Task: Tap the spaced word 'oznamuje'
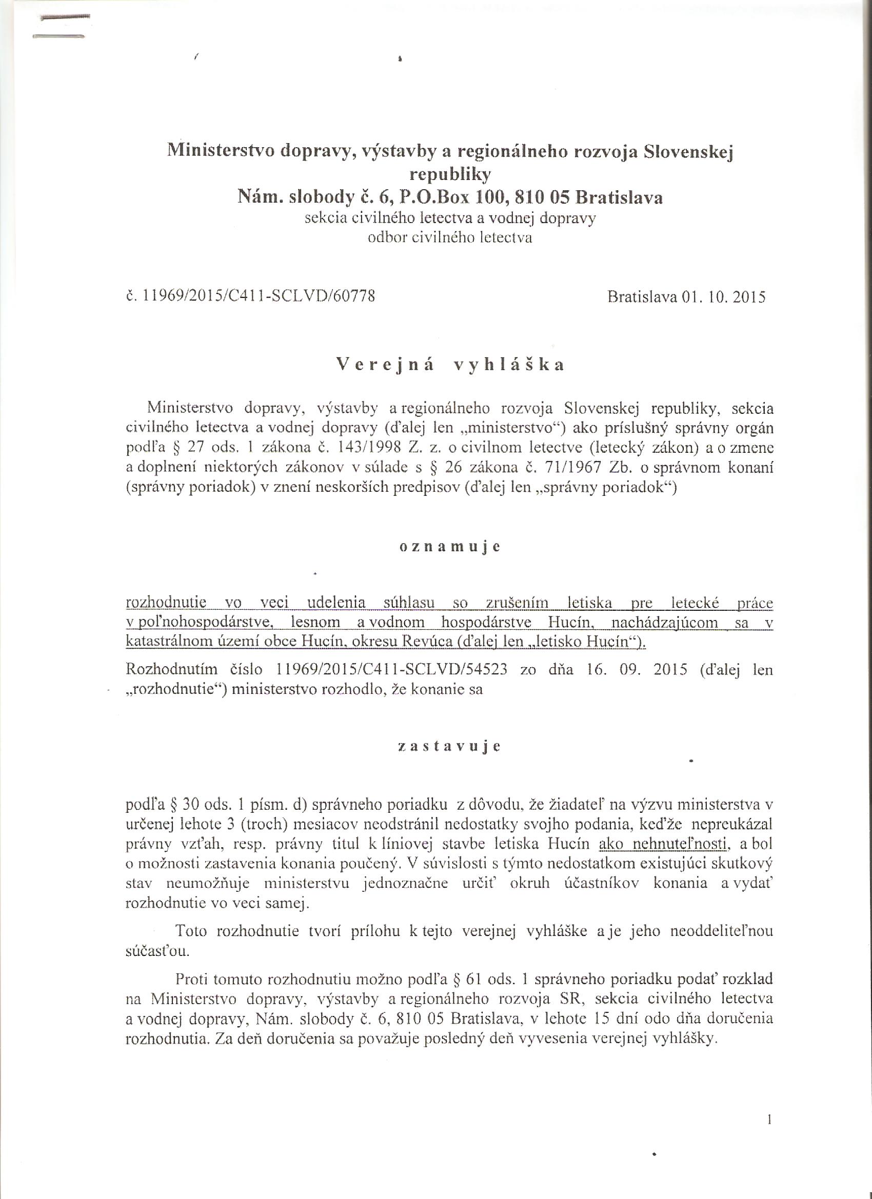(449, 547)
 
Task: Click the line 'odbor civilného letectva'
(450, 238)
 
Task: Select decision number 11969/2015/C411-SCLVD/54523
(392, 671)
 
